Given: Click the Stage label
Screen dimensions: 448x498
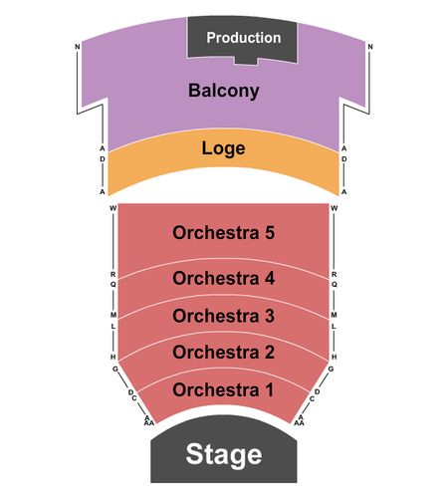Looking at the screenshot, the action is click(224, 455).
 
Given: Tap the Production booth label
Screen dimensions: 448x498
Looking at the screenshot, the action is click(244, 38).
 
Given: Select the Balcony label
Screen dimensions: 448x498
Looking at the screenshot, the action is click(224, 91).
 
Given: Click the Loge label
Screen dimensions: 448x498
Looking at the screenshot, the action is click(224, 148).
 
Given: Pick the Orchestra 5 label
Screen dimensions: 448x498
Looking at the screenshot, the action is click(224, 232).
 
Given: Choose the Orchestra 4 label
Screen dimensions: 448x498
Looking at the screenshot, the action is click(224, 278).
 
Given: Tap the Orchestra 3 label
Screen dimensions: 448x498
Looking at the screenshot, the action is click(224, 316).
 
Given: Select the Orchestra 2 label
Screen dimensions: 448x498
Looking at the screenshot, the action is click(224, 352).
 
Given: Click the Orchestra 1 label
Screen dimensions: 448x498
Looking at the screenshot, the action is click(223, 389).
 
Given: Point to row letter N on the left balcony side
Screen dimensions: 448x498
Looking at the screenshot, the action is click(78, 47).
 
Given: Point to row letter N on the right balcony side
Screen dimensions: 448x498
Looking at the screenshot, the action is click(370, 47).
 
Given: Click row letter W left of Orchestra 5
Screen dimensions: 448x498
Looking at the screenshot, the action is click(113, 208).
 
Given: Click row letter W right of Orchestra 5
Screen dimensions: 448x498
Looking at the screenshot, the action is click(335, 208).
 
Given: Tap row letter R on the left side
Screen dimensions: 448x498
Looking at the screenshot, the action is click(113, 275).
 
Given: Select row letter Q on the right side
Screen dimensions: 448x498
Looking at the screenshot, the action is click(335, 284).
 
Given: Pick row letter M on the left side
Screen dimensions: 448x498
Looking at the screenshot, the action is click(113, 315).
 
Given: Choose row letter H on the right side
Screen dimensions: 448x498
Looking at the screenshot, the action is click(335, 357).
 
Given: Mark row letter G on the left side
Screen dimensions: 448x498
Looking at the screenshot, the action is click(115, 369).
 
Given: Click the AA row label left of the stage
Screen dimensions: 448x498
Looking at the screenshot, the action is click(149, 423).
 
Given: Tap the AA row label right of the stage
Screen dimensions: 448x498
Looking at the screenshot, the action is click(299, 423).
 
